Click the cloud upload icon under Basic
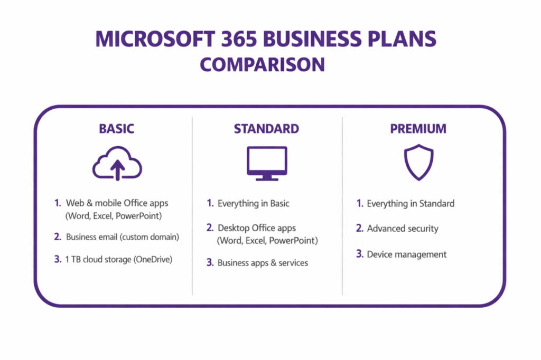point(117,164)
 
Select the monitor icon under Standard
point(267,163)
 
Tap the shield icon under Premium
point(418,163)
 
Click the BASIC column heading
point(117,129)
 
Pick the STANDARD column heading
point(266,129)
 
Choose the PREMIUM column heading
point(418,129)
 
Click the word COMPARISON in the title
point(263,64)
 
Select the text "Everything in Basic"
point(254,203)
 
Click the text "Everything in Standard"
point(411,203)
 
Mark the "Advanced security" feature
point(403,229)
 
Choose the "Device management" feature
point(407,254)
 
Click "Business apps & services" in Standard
point(263,262)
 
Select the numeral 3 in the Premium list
point(359,254)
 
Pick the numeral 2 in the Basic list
point(58,237)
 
